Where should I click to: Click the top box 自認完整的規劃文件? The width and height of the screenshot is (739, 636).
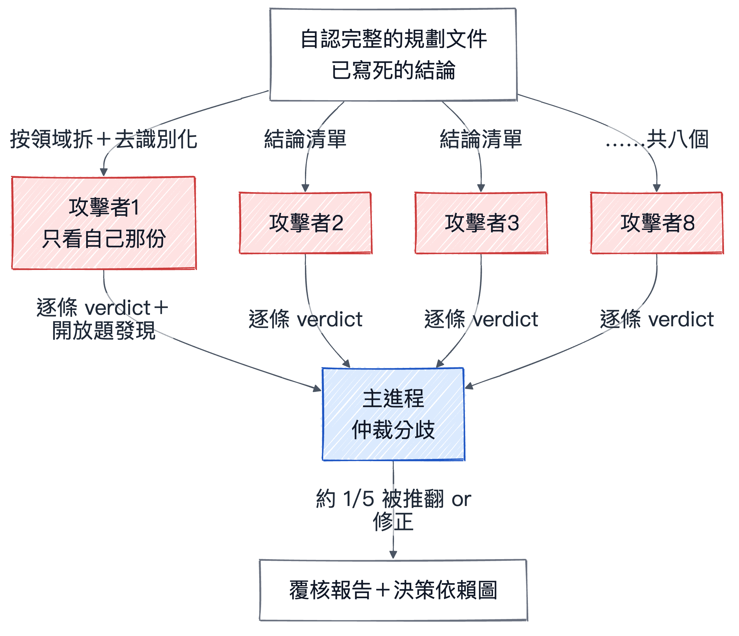coord(393,54)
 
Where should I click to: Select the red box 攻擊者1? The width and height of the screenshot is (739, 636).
coord(104,223)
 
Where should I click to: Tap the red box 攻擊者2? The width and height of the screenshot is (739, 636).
coord(306,223)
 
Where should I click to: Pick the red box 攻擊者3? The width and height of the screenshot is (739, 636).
coord(481,223)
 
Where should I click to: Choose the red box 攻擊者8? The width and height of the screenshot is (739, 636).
coord(657,223)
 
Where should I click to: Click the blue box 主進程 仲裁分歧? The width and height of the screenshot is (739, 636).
coord(393,414)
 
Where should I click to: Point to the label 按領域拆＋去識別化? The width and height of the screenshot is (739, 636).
coord(104,139)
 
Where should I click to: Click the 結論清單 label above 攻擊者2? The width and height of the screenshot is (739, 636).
coord(305,139)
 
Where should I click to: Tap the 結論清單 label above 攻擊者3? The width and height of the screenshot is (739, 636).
coord(481,139)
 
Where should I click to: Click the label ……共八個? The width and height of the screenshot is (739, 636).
coord(657,139)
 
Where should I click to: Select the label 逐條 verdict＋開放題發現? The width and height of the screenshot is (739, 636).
coord(103,319)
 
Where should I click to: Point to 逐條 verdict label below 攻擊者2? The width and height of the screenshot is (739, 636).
coord(306,319)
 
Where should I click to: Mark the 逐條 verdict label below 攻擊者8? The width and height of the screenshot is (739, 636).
coord(657,319)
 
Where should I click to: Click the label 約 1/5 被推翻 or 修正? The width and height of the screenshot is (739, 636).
coord(393,510)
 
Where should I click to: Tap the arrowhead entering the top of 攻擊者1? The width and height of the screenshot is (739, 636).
coord(104,173)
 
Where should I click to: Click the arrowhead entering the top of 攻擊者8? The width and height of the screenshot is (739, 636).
coord(657,188)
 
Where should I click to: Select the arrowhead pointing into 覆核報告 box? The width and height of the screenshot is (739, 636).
coord(393,555)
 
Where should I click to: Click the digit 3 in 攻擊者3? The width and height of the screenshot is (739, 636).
coord(513,223)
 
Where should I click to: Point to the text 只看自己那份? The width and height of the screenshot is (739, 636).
coord(104,239)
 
